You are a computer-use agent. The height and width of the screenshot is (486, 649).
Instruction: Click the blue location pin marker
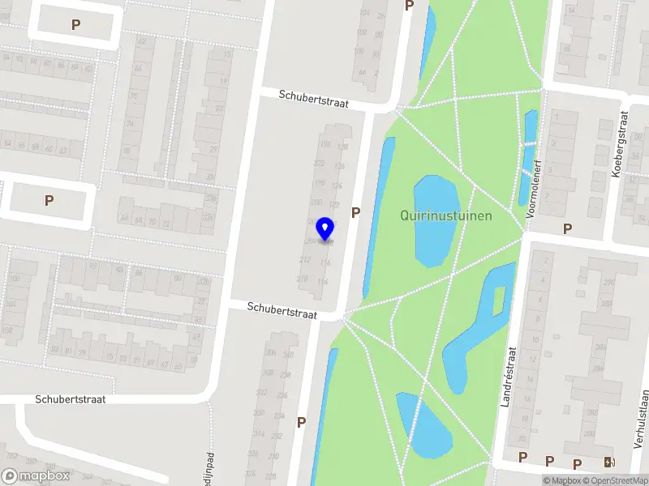point(325,229)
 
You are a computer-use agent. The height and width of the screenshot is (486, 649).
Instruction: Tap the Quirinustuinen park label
point(445,215)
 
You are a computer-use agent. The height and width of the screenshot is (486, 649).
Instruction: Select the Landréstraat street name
point(511,377)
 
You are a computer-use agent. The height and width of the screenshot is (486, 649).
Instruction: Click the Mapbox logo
point(35,476)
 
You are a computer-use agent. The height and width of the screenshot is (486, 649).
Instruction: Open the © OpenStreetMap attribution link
point(616,481)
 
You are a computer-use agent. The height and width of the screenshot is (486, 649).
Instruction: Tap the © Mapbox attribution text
point(561,481)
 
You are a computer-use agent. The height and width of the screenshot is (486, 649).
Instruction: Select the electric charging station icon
point(609,463)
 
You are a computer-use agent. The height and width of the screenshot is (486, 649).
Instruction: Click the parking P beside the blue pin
point(355,212)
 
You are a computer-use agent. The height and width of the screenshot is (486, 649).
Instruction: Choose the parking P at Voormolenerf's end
point(567,228)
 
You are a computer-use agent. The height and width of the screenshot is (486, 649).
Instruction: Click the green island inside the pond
point(499,300)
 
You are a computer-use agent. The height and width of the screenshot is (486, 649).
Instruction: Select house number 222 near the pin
point(319,163)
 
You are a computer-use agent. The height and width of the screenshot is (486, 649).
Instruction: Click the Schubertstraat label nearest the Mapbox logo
point(71,399)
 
